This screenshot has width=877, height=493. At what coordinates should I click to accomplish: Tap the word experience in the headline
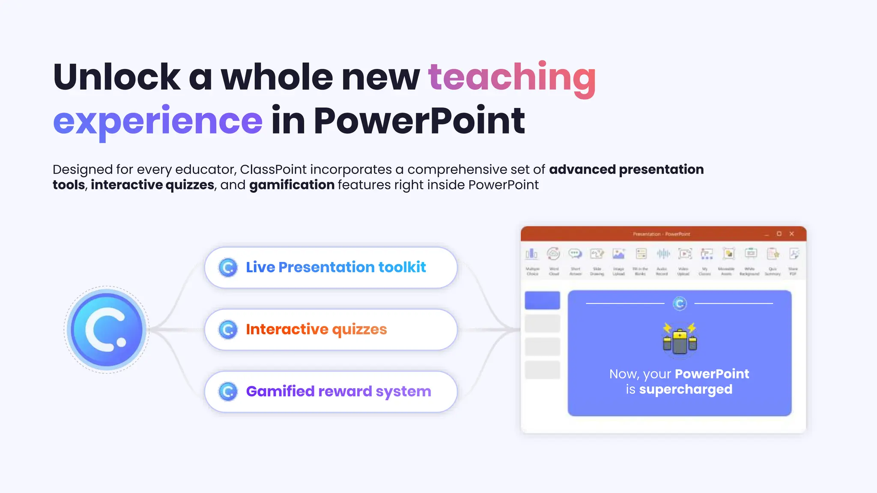(158, 121)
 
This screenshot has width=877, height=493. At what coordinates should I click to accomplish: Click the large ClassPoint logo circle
(107, 330)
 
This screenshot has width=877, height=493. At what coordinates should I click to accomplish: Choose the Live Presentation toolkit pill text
(336, 267)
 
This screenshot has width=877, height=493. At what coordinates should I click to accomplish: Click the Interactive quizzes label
(316, 329)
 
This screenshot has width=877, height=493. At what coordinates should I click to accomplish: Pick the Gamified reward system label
(338, 391)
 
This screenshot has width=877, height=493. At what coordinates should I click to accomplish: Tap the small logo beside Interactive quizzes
(228, 330)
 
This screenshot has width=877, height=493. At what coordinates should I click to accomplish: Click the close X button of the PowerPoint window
(792, 234)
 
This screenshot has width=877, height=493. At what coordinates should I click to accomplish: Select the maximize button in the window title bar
(779, 234)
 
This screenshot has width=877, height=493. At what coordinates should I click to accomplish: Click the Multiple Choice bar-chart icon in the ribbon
(531, 254)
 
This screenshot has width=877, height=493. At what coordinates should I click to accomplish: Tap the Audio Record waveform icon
(663, 254)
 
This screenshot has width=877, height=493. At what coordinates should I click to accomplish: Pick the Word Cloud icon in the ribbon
(553, 254)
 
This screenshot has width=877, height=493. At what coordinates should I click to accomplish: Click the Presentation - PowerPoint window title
(661, 234)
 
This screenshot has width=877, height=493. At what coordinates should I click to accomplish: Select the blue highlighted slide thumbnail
(542, 300)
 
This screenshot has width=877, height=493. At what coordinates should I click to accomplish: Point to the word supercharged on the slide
(686, 389)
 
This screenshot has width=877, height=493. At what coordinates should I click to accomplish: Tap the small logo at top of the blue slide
(680, 303)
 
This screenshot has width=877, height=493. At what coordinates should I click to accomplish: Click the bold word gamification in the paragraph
(292, 185)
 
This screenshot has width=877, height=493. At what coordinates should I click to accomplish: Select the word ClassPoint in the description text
(273, 169)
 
